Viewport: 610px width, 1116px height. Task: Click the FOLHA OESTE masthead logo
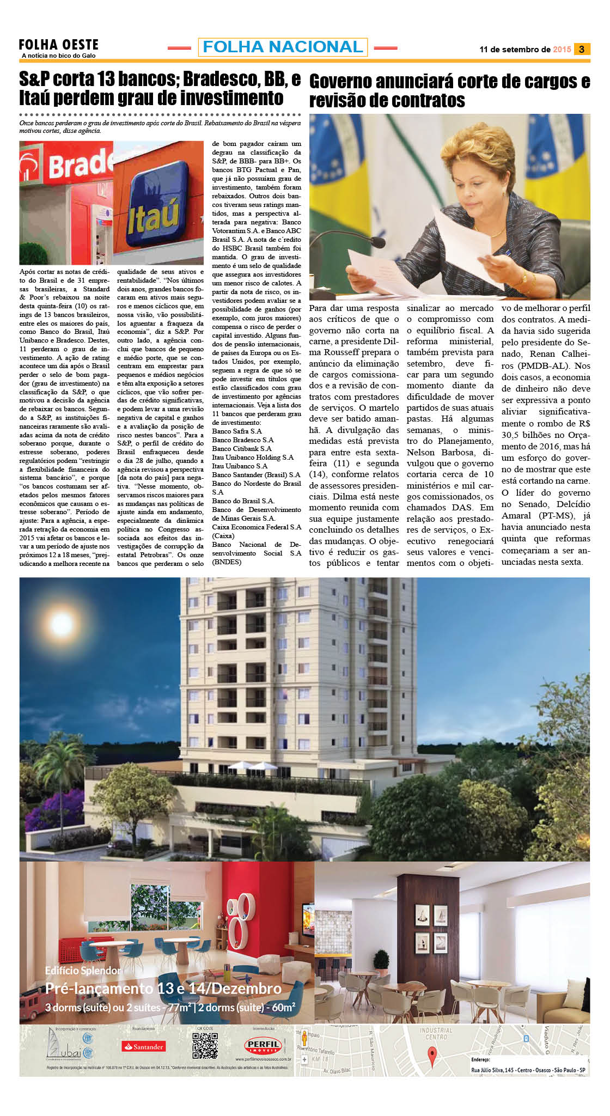click(58, 46)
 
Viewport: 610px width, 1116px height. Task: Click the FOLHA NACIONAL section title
click(283, 47)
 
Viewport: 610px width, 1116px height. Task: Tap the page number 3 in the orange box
click(582, 49)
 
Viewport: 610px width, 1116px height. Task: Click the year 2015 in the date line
click(562, 50)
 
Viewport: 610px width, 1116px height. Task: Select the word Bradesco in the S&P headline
click(222, 80)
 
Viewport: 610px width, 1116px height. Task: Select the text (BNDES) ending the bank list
click(227, 562)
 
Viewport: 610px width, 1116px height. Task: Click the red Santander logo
click(143, 1046)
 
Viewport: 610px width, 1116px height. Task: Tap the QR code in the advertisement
click(205, 1045)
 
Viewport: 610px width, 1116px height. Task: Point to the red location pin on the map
click(432, 1057)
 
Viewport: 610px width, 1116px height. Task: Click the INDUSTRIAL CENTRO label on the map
click(436, 1033)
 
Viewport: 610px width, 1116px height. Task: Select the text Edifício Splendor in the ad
click(83, 971)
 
